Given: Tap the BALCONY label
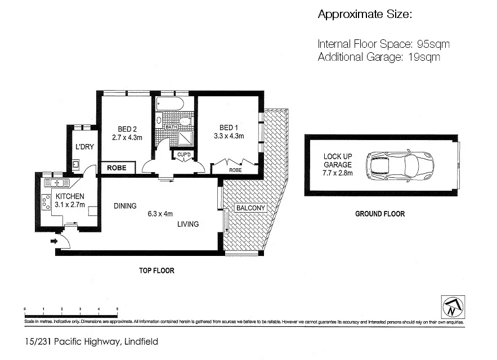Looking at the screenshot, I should [x=250, y=208].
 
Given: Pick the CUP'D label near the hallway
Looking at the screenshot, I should [x=185, y=154].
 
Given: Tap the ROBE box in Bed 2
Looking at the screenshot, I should [x=118, y=168].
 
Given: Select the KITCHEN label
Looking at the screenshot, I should [x=70, y=196].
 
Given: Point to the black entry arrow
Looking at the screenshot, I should [x=53, y=241].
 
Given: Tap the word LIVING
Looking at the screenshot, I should [x=187, y=224].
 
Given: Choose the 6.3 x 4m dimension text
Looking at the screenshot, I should [x=160, y=214].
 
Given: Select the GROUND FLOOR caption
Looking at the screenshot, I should [x=379, y=214].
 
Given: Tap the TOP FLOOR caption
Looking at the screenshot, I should [x=156, y=271].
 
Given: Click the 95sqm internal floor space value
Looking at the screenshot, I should [x=432, y=44].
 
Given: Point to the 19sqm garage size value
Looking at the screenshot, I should [x=422, y=57].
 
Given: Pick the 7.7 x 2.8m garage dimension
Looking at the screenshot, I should [x=338, y=173].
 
